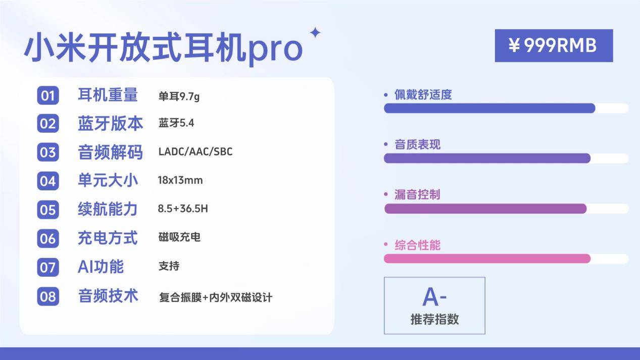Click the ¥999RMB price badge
(554, 45)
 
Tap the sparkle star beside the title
(315, 32)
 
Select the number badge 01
(48, 95)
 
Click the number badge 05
(48, 210)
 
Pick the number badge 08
(48, 296)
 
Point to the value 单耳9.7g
(179, 96)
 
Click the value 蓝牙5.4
(176, 123)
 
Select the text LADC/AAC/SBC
(195, 151)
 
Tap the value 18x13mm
(180, 180)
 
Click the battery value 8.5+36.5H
(183, 209)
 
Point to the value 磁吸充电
(179, 237)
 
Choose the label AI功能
(101, 267)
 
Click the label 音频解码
(110, 152)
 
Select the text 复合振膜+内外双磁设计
(216, 297)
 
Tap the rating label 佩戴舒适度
(423, 94)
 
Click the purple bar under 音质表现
(487, 158)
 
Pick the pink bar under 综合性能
(487, 259)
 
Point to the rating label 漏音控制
(417, 195)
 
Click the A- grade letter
(434, 297)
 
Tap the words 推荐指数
(434, 319)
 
